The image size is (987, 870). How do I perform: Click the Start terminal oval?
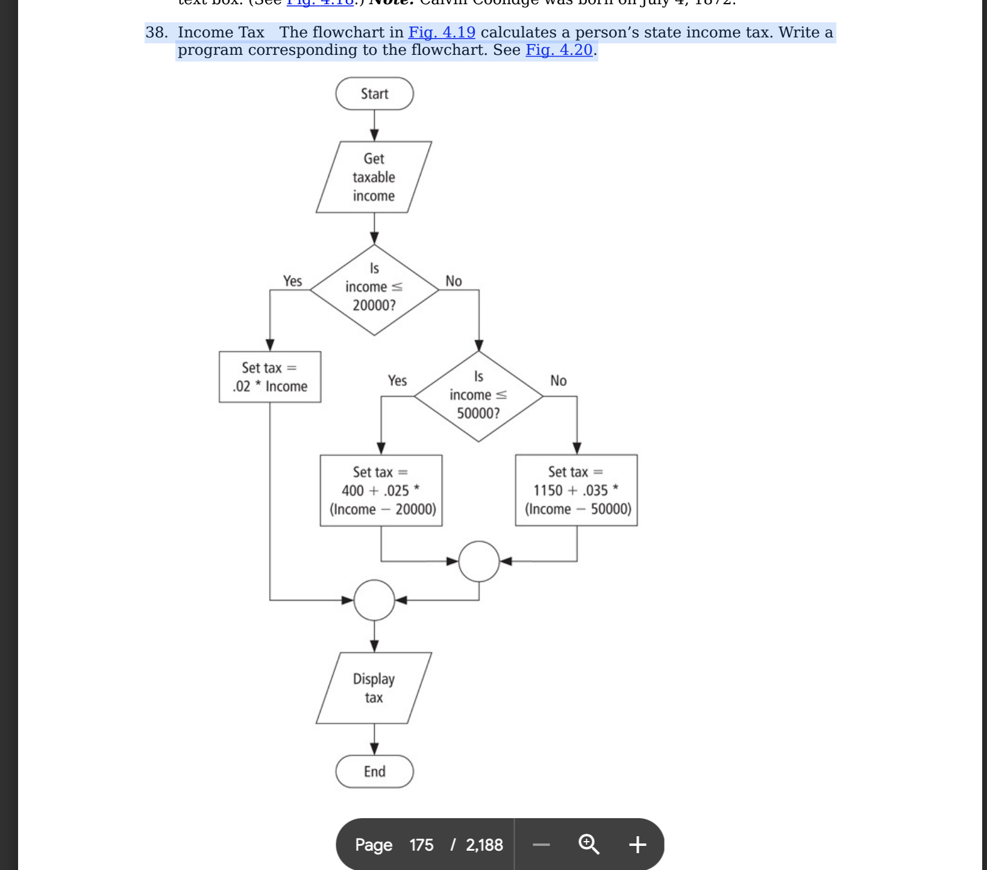click(374, 93)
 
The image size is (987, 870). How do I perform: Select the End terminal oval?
click(374, 771)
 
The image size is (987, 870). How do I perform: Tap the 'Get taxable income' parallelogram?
click(374, 177)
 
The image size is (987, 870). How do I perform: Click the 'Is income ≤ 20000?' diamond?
click(374, 289)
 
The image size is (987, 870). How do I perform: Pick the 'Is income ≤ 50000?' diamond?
click(478, 396)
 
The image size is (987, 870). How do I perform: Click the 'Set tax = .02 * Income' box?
click(270, 377)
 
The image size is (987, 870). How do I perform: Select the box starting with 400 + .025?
click(381, 490)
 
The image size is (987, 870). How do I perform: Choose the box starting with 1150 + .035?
click(576, 490)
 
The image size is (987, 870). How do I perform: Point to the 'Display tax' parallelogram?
click(374, 688)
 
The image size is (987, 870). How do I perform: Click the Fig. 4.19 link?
click(442, 32)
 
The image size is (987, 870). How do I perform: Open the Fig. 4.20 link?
click(559, 49)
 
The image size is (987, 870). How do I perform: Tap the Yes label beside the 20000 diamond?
click(292, 281)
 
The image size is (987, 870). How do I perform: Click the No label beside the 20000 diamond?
click(454, 281)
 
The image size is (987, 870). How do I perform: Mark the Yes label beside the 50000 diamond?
click(397, 380)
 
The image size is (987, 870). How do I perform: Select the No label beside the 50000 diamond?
click(559, 380)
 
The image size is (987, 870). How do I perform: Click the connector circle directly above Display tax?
click(374, 600)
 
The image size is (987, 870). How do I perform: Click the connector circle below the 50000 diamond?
click(479, 561)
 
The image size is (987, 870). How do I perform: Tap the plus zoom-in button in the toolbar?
click(638, 844)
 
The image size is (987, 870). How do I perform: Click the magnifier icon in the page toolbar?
click(589, 844)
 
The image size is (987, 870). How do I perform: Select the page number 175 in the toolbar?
click(421, 845)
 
